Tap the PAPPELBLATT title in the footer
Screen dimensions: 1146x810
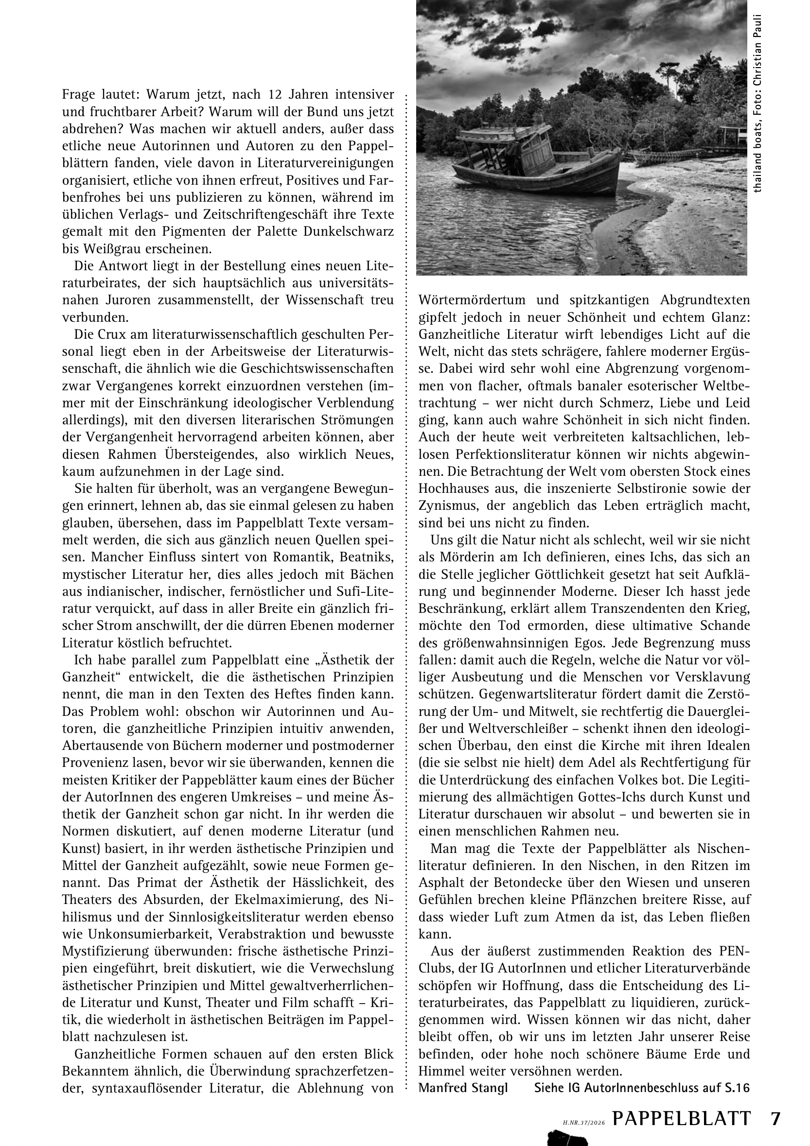pos(681,1105)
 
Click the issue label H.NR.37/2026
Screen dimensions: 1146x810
pos(584,1109)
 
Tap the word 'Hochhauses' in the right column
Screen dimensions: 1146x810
pos(453,488)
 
